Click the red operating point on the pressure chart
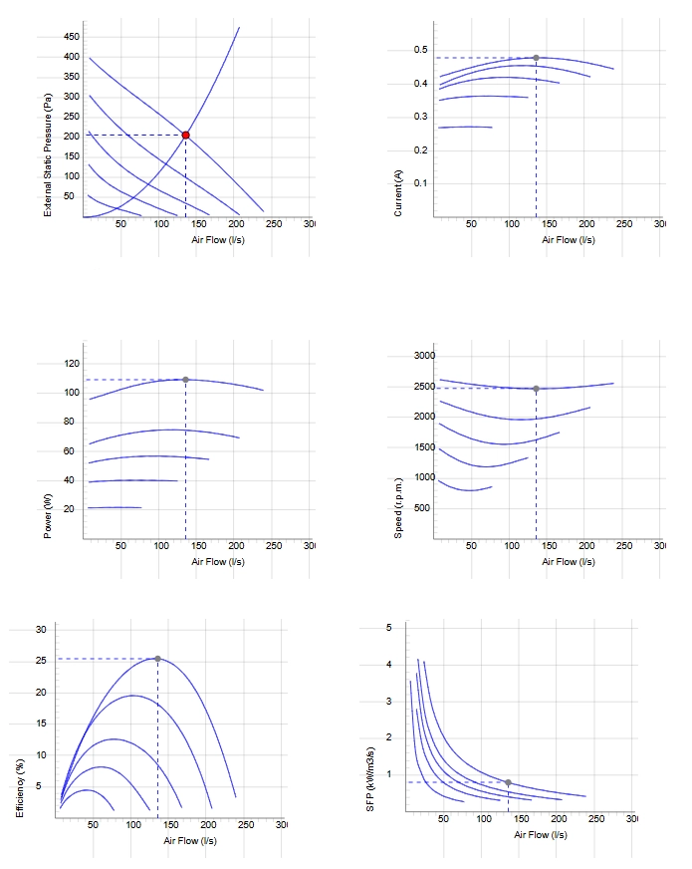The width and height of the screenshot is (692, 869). pos(186,136)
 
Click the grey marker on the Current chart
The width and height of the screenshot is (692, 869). pos(536,58)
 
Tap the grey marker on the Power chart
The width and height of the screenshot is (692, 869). pos(185,380)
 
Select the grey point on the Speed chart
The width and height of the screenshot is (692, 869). pos(536,389)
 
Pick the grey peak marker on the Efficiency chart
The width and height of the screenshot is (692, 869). pos(157,659)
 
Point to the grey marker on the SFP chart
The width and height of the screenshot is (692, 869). pos(508,782)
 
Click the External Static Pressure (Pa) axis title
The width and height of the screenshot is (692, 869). pos(48,155)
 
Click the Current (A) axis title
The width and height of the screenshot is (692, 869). pos(398,193)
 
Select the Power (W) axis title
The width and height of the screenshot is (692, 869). pos(48,515)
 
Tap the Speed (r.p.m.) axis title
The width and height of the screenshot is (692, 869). pos(398,507)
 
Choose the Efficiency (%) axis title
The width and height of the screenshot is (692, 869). pos(20,787)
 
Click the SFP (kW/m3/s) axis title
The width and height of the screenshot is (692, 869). pos(370,779)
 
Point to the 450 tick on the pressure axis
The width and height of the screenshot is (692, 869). pos(72,37)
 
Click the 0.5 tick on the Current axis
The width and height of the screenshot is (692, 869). pos(421,50)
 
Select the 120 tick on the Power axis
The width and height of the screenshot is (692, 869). pos(72,364)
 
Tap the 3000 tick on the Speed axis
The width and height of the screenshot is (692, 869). pos(424,355)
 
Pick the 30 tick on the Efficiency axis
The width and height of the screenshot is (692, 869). pos(41,630)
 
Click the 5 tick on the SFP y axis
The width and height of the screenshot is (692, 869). pos(388,628)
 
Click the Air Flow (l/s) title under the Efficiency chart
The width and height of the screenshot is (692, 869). pos(190,841)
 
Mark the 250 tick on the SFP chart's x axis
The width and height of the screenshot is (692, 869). pos(596,818)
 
